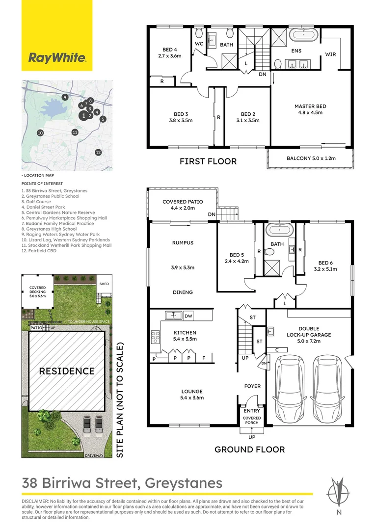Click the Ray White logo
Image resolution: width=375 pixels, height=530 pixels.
[x=57, y=58]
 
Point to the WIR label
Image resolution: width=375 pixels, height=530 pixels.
[x=330, y=54]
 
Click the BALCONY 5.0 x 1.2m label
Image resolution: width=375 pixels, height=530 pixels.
[x=310, y=159]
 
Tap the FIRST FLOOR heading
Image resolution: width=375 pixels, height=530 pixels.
[x=208, y=161]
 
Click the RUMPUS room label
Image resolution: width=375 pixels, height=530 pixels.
[x=182, y=242]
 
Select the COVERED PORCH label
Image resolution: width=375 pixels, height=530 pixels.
[x=252, y=420]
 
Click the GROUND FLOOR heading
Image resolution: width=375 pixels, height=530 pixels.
[x=249, y=449]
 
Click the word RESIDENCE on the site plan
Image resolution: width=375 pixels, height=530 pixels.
[x=66, y=371]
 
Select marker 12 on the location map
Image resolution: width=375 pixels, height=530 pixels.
[x=98, y=152]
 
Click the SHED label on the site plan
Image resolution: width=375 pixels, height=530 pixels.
[x=104, y=284]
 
